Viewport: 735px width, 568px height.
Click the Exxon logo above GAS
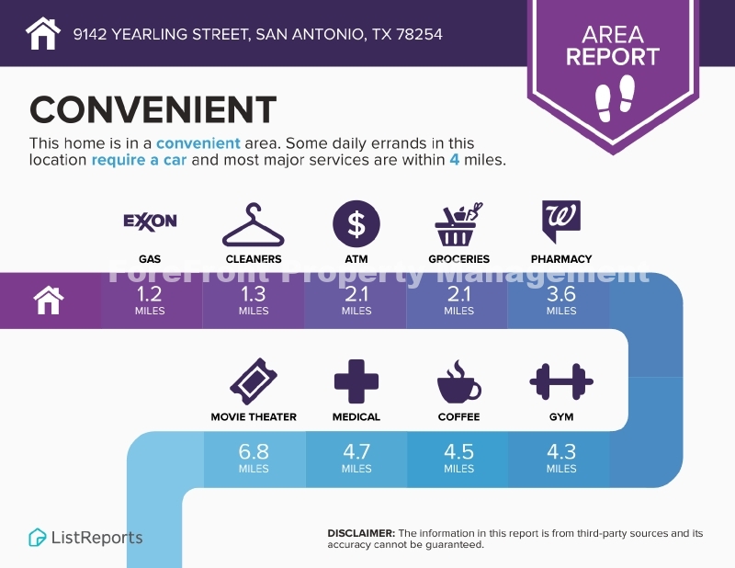[x=150, y=222]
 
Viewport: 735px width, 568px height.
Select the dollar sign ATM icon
[x=356, y=223]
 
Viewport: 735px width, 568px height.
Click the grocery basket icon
[x=458, y=224]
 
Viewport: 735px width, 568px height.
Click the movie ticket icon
[x=254, y=381]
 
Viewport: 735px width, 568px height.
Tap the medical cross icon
[x=356, y=381]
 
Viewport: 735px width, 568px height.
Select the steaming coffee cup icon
[x=458, y=382]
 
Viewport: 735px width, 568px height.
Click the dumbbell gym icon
[x=561, y=381]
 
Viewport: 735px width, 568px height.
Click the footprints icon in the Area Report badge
[x=615, y=98]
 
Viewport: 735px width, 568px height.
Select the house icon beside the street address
[x=43, y=33]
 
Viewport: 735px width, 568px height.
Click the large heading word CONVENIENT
[x=153, y=109]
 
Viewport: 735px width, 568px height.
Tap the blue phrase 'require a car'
[x=139, y=160]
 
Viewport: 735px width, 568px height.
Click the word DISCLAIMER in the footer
[x=361, y=533]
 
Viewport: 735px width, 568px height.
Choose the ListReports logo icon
[x=37, y=538]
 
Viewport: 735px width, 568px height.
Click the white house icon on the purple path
[x=49, y=301]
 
